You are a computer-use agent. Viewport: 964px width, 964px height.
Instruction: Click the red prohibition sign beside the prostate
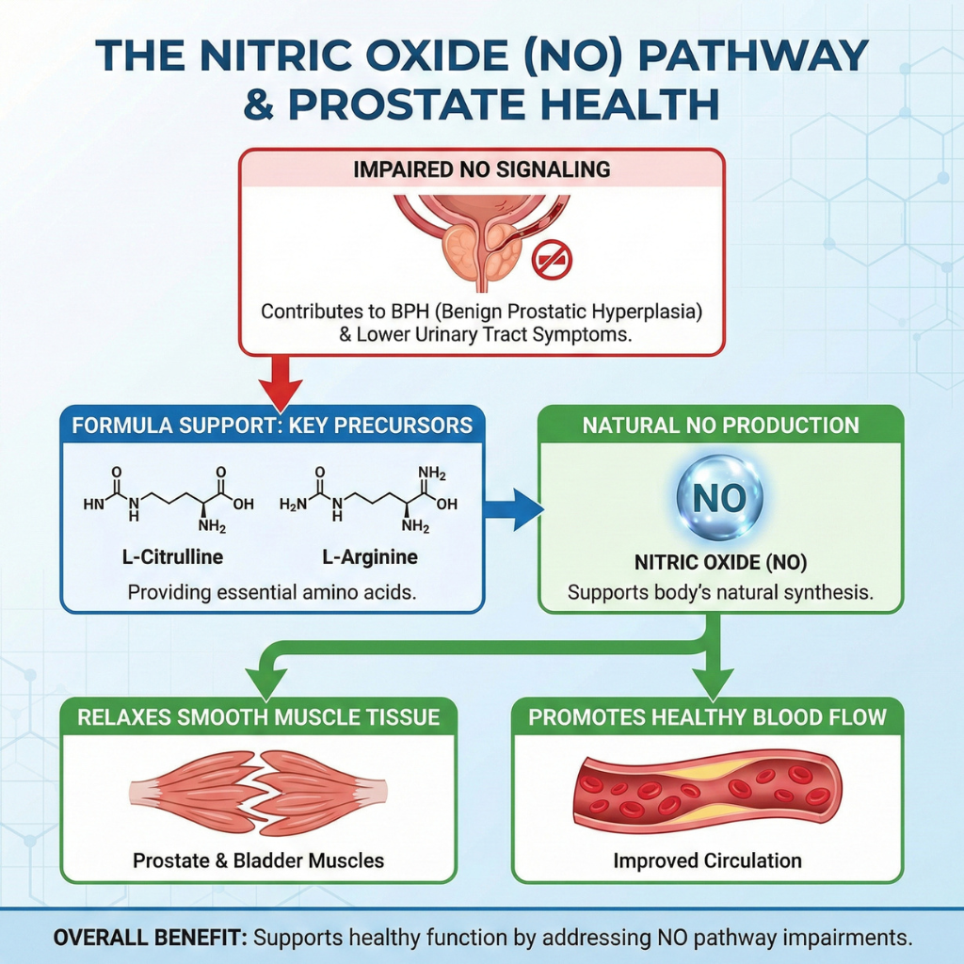click(553, 259)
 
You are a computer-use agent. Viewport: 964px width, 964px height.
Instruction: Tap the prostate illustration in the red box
click(481, 239)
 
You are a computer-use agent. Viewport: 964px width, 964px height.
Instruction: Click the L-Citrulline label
click(173, 557)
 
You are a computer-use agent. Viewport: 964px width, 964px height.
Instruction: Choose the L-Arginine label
click(370, 557)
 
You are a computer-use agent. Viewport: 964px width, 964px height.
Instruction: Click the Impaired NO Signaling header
click(481, 170)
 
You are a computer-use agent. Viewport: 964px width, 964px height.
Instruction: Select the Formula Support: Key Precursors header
click(272, 425)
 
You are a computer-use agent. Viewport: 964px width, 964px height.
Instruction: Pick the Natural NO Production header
click(720, 426)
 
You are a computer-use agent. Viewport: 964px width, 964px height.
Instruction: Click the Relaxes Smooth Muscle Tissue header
click(258, 717)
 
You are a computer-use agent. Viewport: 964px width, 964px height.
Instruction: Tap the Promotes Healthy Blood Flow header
click(707, 717)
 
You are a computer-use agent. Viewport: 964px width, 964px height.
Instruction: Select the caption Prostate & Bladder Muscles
click(258, 860)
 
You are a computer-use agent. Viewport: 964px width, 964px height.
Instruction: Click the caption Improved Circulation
click(707, 860)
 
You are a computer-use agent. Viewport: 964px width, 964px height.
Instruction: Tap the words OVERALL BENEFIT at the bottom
click(151, 939)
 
